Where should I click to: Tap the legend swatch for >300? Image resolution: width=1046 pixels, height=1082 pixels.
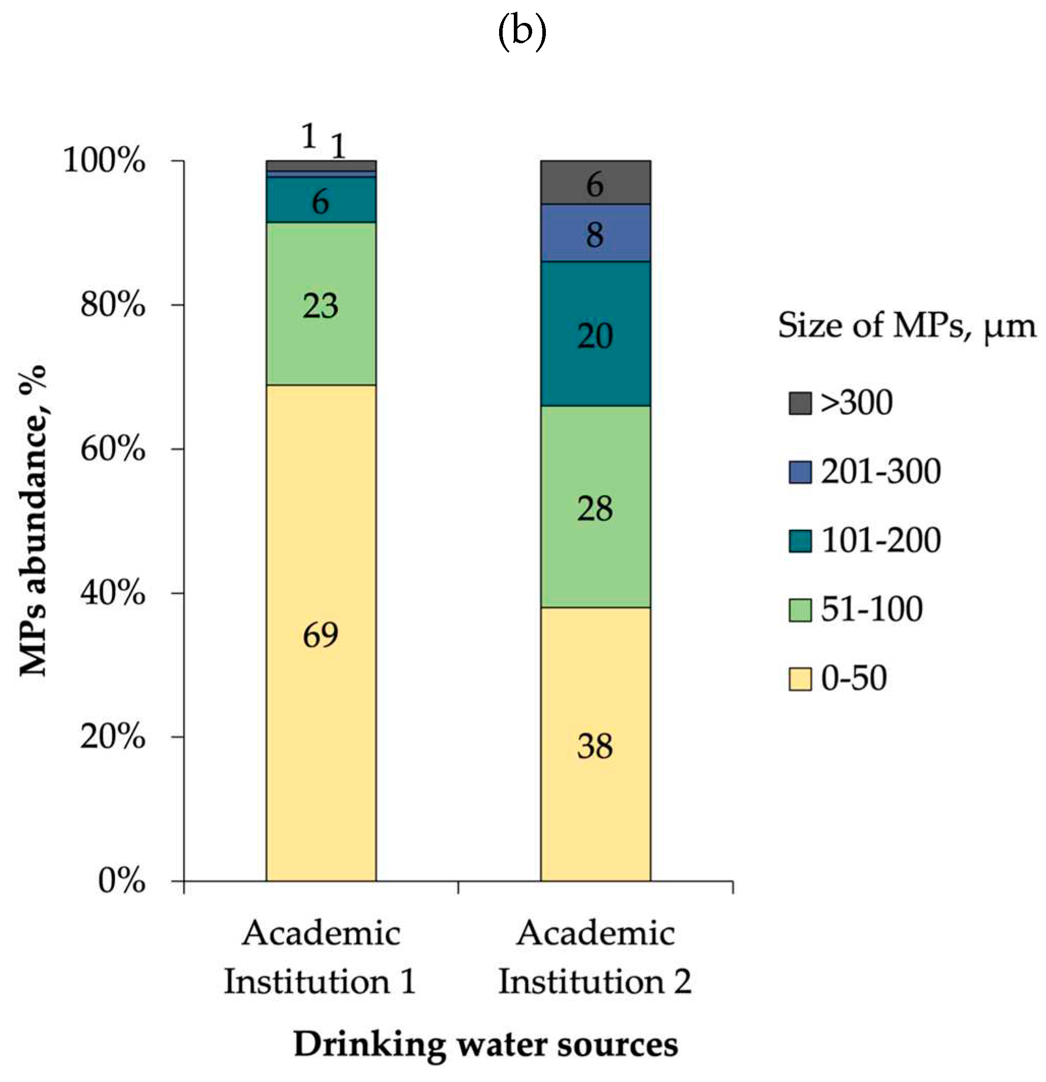click(x=800, y=403)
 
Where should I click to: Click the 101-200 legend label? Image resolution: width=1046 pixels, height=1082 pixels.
click(x=881, y=540)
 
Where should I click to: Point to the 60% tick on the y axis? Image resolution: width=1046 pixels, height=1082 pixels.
click(x=113, y=449)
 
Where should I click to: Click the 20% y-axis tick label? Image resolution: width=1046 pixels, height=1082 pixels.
click(x=113, y=737)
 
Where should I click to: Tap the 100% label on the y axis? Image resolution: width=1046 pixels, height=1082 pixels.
click(x=105, y=161)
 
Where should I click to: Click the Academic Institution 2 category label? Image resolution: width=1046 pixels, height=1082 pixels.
click(x=595, y=957)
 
